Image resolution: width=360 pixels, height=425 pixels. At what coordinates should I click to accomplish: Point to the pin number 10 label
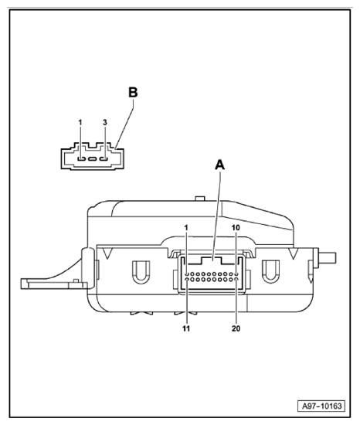coord(236,228)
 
